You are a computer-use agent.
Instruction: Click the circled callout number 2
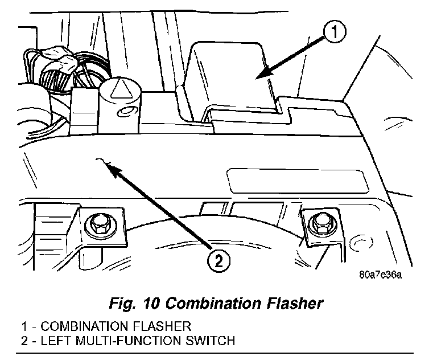coord(218,261)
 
